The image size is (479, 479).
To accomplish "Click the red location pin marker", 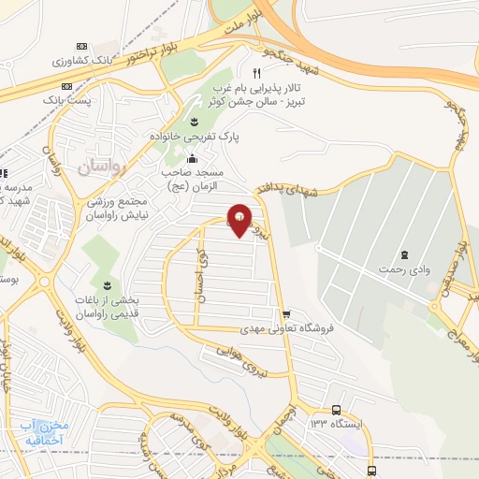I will tap(240, 220).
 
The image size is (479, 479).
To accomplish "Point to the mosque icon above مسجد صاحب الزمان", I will tap(193, 157).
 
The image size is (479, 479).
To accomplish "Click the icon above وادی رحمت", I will tap(404, 255).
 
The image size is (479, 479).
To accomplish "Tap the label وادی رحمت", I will tap(404, 270).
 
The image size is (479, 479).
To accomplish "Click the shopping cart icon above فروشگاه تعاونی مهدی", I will tap(285, 314).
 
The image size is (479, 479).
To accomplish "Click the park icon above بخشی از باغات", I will tap(106, 283).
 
